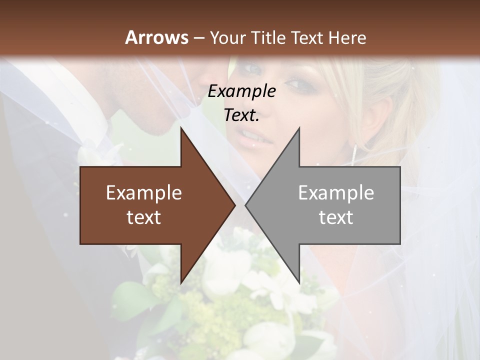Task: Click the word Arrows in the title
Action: tap(156, 37)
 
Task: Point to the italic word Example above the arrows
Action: tap(241, 91)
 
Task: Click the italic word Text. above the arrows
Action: tap(241, 115)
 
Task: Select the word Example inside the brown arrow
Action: tap(144, 192)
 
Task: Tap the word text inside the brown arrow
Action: tap(144, 217)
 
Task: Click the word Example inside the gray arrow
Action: tap(336, 192)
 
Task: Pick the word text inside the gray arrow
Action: tap(336, 217)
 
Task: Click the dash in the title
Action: tap(198, 37)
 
